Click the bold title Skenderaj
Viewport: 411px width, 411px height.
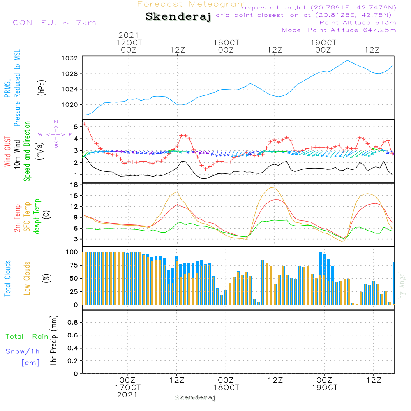tap(178, 17)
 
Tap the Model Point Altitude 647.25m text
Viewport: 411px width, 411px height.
tap(339, 30)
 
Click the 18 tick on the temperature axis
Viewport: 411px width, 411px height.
tap(74, 185)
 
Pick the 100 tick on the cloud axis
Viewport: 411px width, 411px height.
tap(72, 252)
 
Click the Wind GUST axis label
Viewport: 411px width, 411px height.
tap(8, 151)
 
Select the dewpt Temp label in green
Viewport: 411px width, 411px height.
tap(37, 217)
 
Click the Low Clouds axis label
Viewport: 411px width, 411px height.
tap(28, 278)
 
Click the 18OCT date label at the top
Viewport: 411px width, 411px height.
tap(226, 43)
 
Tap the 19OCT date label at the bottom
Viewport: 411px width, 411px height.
tap(324, 388)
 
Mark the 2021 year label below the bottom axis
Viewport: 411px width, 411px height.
tap(127, 395)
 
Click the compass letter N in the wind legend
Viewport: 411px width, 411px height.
tap(56, 122)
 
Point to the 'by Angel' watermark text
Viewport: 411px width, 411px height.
tap(402, 285)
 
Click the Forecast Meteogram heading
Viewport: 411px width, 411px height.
tap(192, 5)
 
